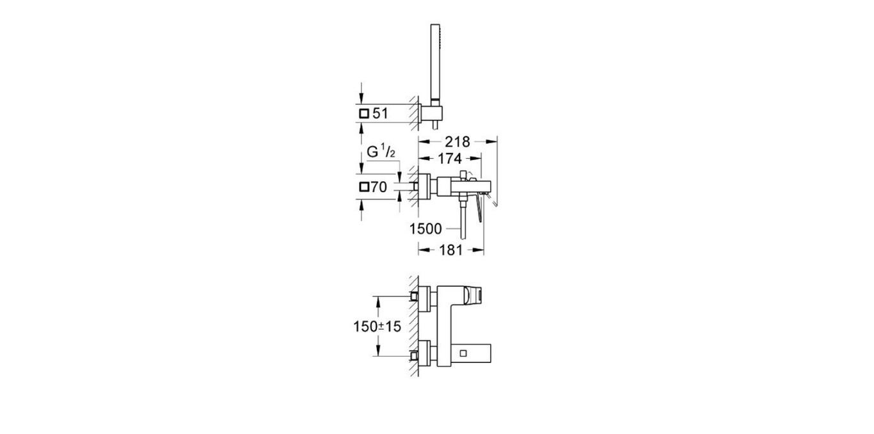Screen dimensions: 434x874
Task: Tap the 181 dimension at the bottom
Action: (x=450, y=250)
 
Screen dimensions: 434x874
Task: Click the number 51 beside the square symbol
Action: (x=381, y=113)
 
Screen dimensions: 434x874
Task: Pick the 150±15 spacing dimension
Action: (x=376, y=326)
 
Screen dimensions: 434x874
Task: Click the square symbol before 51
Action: (x=364, y=113)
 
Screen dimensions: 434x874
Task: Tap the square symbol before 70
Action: (x=364, y=188)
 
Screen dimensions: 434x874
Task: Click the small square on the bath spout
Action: (x=465, y=353)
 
